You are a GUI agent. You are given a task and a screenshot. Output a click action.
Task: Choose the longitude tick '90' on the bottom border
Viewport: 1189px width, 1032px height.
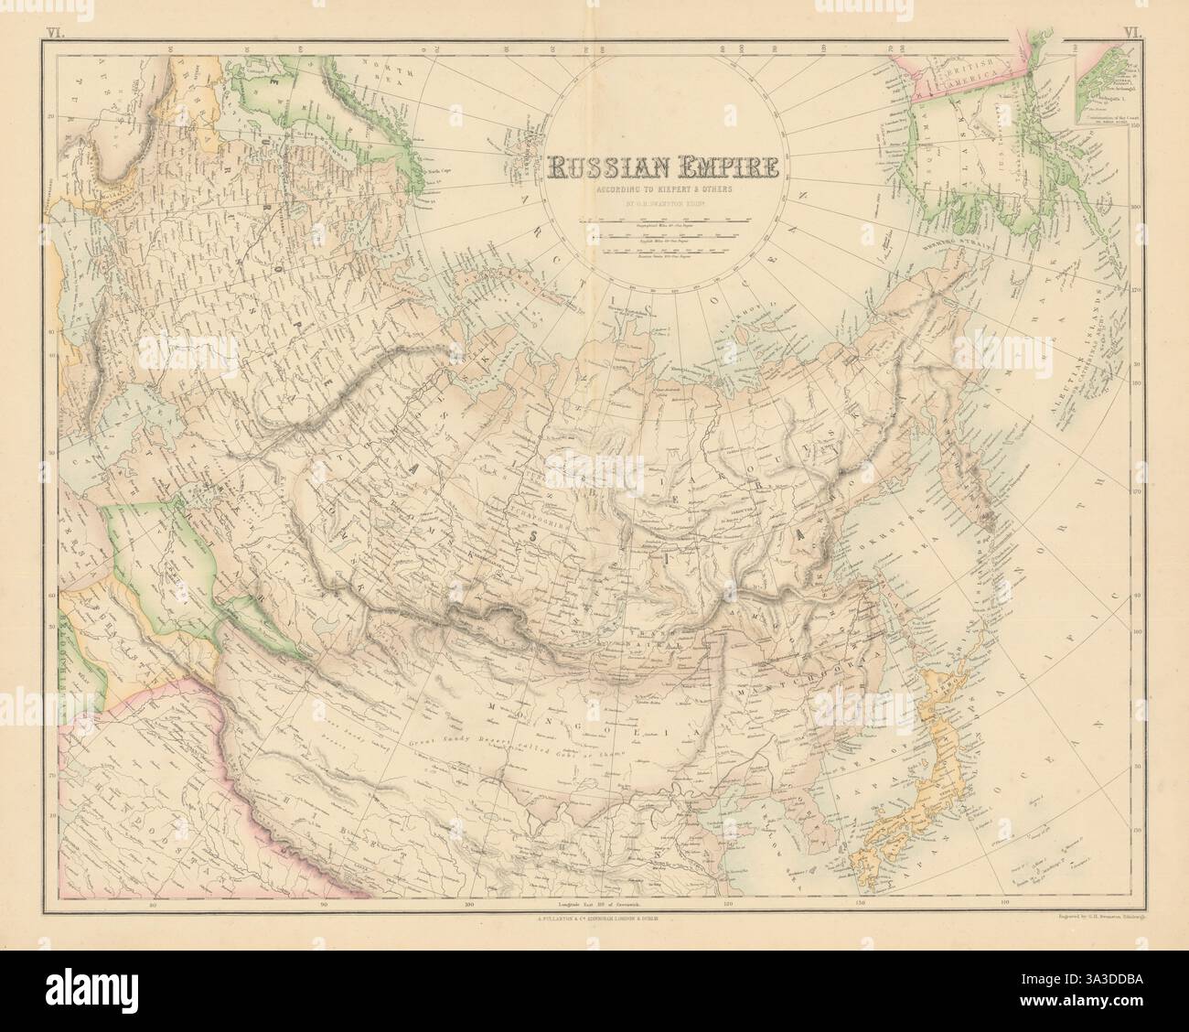pyautogui.click(x=325, y=906)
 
